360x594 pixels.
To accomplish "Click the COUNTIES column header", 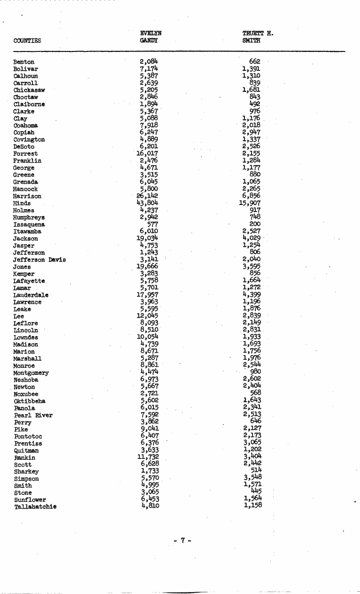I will click(27, 41).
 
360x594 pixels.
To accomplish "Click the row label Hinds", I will click(22, 204).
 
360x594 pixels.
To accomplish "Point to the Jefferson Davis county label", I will click(40, 260).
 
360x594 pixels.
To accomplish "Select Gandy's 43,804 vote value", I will click(147, 203).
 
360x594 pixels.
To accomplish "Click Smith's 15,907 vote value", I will click(251, 203).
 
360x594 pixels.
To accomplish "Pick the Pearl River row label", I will click(33, 415).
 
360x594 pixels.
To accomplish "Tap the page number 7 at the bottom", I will click(182, 540).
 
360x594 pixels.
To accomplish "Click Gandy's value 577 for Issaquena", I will click(152, 224).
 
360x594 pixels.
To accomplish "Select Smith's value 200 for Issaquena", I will click(255, 224).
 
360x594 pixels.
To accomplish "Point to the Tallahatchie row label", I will click(35, 507).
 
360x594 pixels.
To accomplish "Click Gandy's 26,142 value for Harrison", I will click(147, 196).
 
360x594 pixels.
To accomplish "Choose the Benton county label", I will click(24, 62).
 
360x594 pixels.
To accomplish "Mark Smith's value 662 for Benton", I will click(255, 62).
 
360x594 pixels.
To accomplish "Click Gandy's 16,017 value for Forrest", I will click(147, 153).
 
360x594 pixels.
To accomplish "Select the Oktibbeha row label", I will click(30, 401).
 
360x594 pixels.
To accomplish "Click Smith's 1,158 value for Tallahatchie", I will click(252, 506).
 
